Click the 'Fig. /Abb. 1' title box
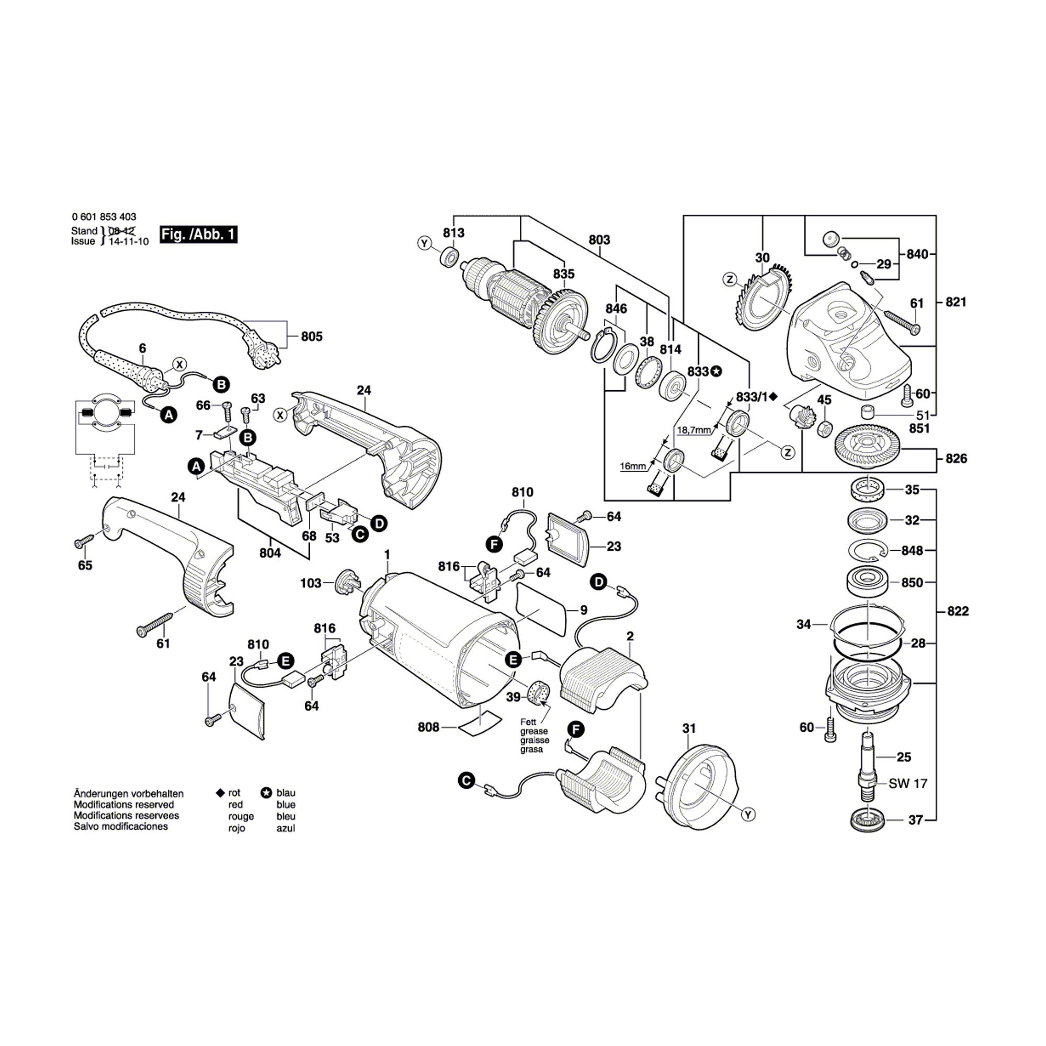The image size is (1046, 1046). (198, 234)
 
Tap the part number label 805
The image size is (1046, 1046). (311, 336)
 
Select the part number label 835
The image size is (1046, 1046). (564, 274)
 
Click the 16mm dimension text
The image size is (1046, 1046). (633, 465)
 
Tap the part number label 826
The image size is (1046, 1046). (956, 459)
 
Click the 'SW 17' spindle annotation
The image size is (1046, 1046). (908, 783)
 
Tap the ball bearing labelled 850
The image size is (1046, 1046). (867, 583)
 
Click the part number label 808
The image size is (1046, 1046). (428, 727)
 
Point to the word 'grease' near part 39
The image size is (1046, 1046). (534, 731)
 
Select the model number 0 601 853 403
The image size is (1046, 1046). (104, 217)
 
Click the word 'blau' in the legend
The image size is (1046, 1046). (286, 793)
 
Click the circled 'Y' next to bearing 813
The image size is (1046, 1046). (425, 244)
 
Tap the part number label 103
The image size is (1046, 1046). (311, 583)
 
